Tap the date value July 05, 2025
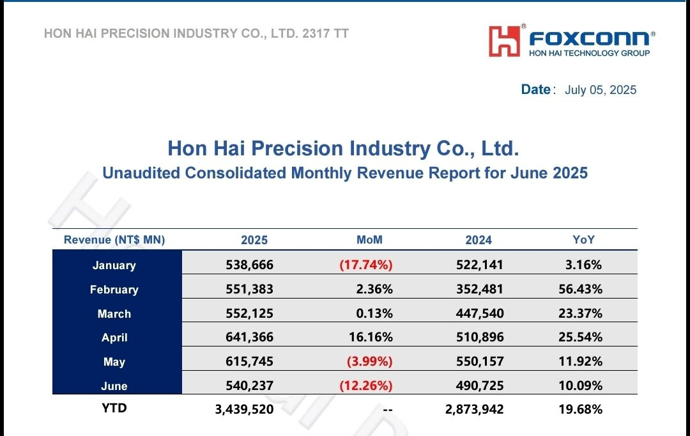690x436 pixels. point(601,90)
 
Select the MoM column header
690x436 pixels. point(369,240)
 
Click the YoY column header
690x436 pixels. point(583,240)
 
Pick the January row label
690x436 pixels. point(114,265)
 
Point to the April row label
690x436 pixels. point(114,338)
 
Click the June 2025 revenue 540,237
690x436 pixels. point(249,385)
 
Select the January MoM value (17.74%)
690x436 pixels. point(366,265)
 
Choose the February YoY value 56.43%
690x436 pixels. point(580,289)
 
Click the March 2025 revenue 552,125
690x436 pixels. point(249,313)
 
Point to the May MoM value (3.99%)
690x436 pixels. point(369,361)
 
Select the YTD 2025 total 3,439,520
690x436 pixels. point(244,409)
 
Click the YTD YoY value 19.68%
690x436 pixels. point(580,409)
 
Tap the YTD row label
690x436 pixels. point(114,408)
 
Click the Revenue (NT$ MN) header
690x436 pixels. point(114,240)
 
